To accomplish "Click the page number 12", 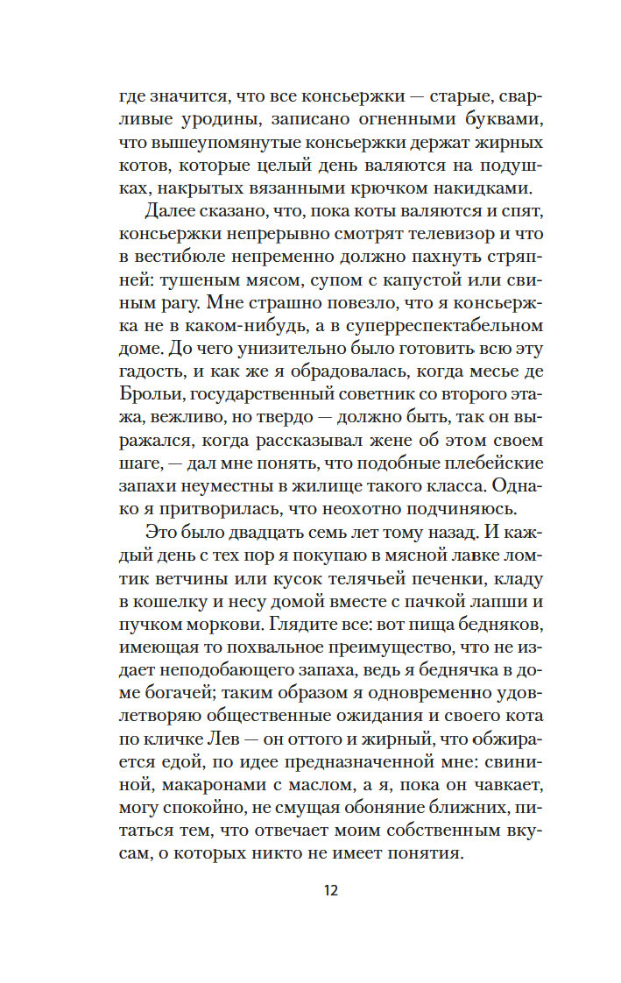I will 330,891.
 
